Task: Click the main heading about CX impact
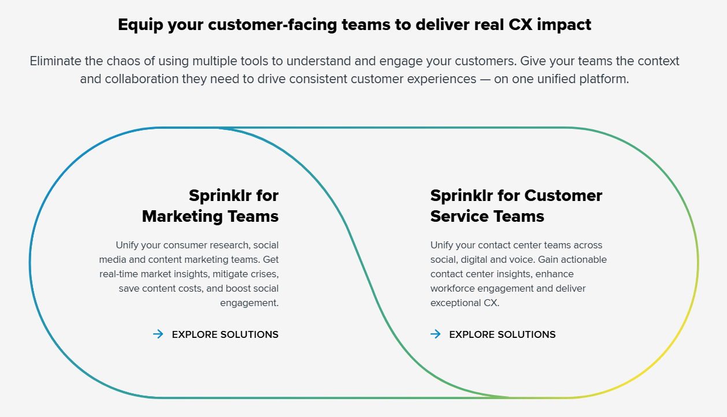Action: click(354, 25)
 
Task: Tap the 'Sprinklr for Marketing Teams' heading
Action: click(210, 206)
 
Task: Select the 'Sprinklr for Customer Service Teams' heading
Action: click(516, 206)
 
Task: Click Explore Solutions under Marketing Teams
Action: click(225, 334)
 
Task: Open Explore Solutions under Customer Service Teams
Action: click(502, 334)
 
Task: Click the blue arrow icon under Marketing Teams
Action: click(158, 334)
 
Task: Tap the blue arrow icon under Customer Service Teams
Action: click(435, 334)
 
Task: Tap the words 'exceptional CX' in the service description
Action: click(464, 303)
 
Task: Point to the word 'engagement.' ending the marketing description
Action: click(249, 303)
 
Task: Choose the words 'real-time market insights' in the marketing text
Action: click(153, 274)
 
